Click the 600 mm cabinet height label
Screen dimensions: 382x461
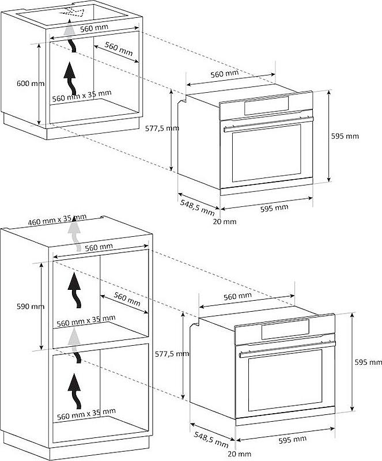click(31, 84)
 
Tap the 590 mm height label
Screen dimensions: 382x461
click(31, 307)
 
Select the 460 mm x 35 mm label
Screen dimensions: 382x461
click(58, 220)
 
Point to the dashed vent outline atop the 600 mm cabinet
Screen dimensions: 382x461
click(72, 12)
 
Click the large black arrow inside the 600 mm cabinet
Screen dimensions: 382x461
click(70, 78)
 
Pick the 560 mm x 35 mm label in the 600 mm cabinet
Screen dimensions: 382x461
click(82, 96)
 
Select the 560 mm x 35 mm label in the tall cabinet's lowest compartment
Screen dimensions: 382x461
click(86, 414)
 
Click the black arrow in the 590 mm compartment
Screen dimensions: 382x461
click(74, 290)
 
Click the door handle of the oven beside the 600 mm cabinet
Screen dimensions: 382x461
click(268, 123)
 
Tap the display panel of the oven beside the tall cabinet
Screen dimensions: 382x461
click(285, 328)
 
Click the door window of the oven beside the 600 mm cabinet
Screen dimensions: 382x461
click(266, 153)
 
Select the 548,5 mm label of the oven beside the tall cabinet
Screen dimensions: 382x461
click(211, 439)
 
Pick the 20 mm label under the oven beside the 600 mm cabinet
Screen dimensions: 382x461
click(224, 222)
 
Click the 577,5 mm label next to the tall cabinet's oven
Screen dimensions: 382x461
click(172, 354)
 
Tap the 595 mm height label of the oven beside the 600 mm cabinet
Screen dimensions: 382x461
click(345, 136)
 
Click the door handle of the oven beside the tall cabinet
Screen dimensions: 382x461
click(288, 349)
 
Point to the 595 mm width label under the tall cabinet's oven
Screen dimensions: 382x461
click(292, 440)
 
